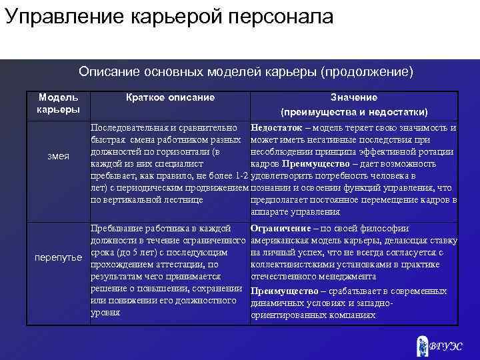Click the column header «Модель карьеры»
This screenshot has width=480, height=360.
coord(58,103)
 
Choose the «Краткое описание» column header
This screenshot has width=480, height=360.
coord(171,97)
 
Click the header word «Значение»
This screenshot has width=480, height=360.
coord(354,97)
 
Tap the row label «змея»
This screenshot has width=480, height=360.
coord(59,156)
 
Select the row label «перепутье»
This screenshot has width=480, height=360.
coord(59,257)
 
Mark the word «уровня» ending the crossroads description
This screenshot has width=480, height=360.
coord(105,313)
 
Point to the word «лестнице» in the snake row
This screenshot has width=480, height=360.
coord(183,199)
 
